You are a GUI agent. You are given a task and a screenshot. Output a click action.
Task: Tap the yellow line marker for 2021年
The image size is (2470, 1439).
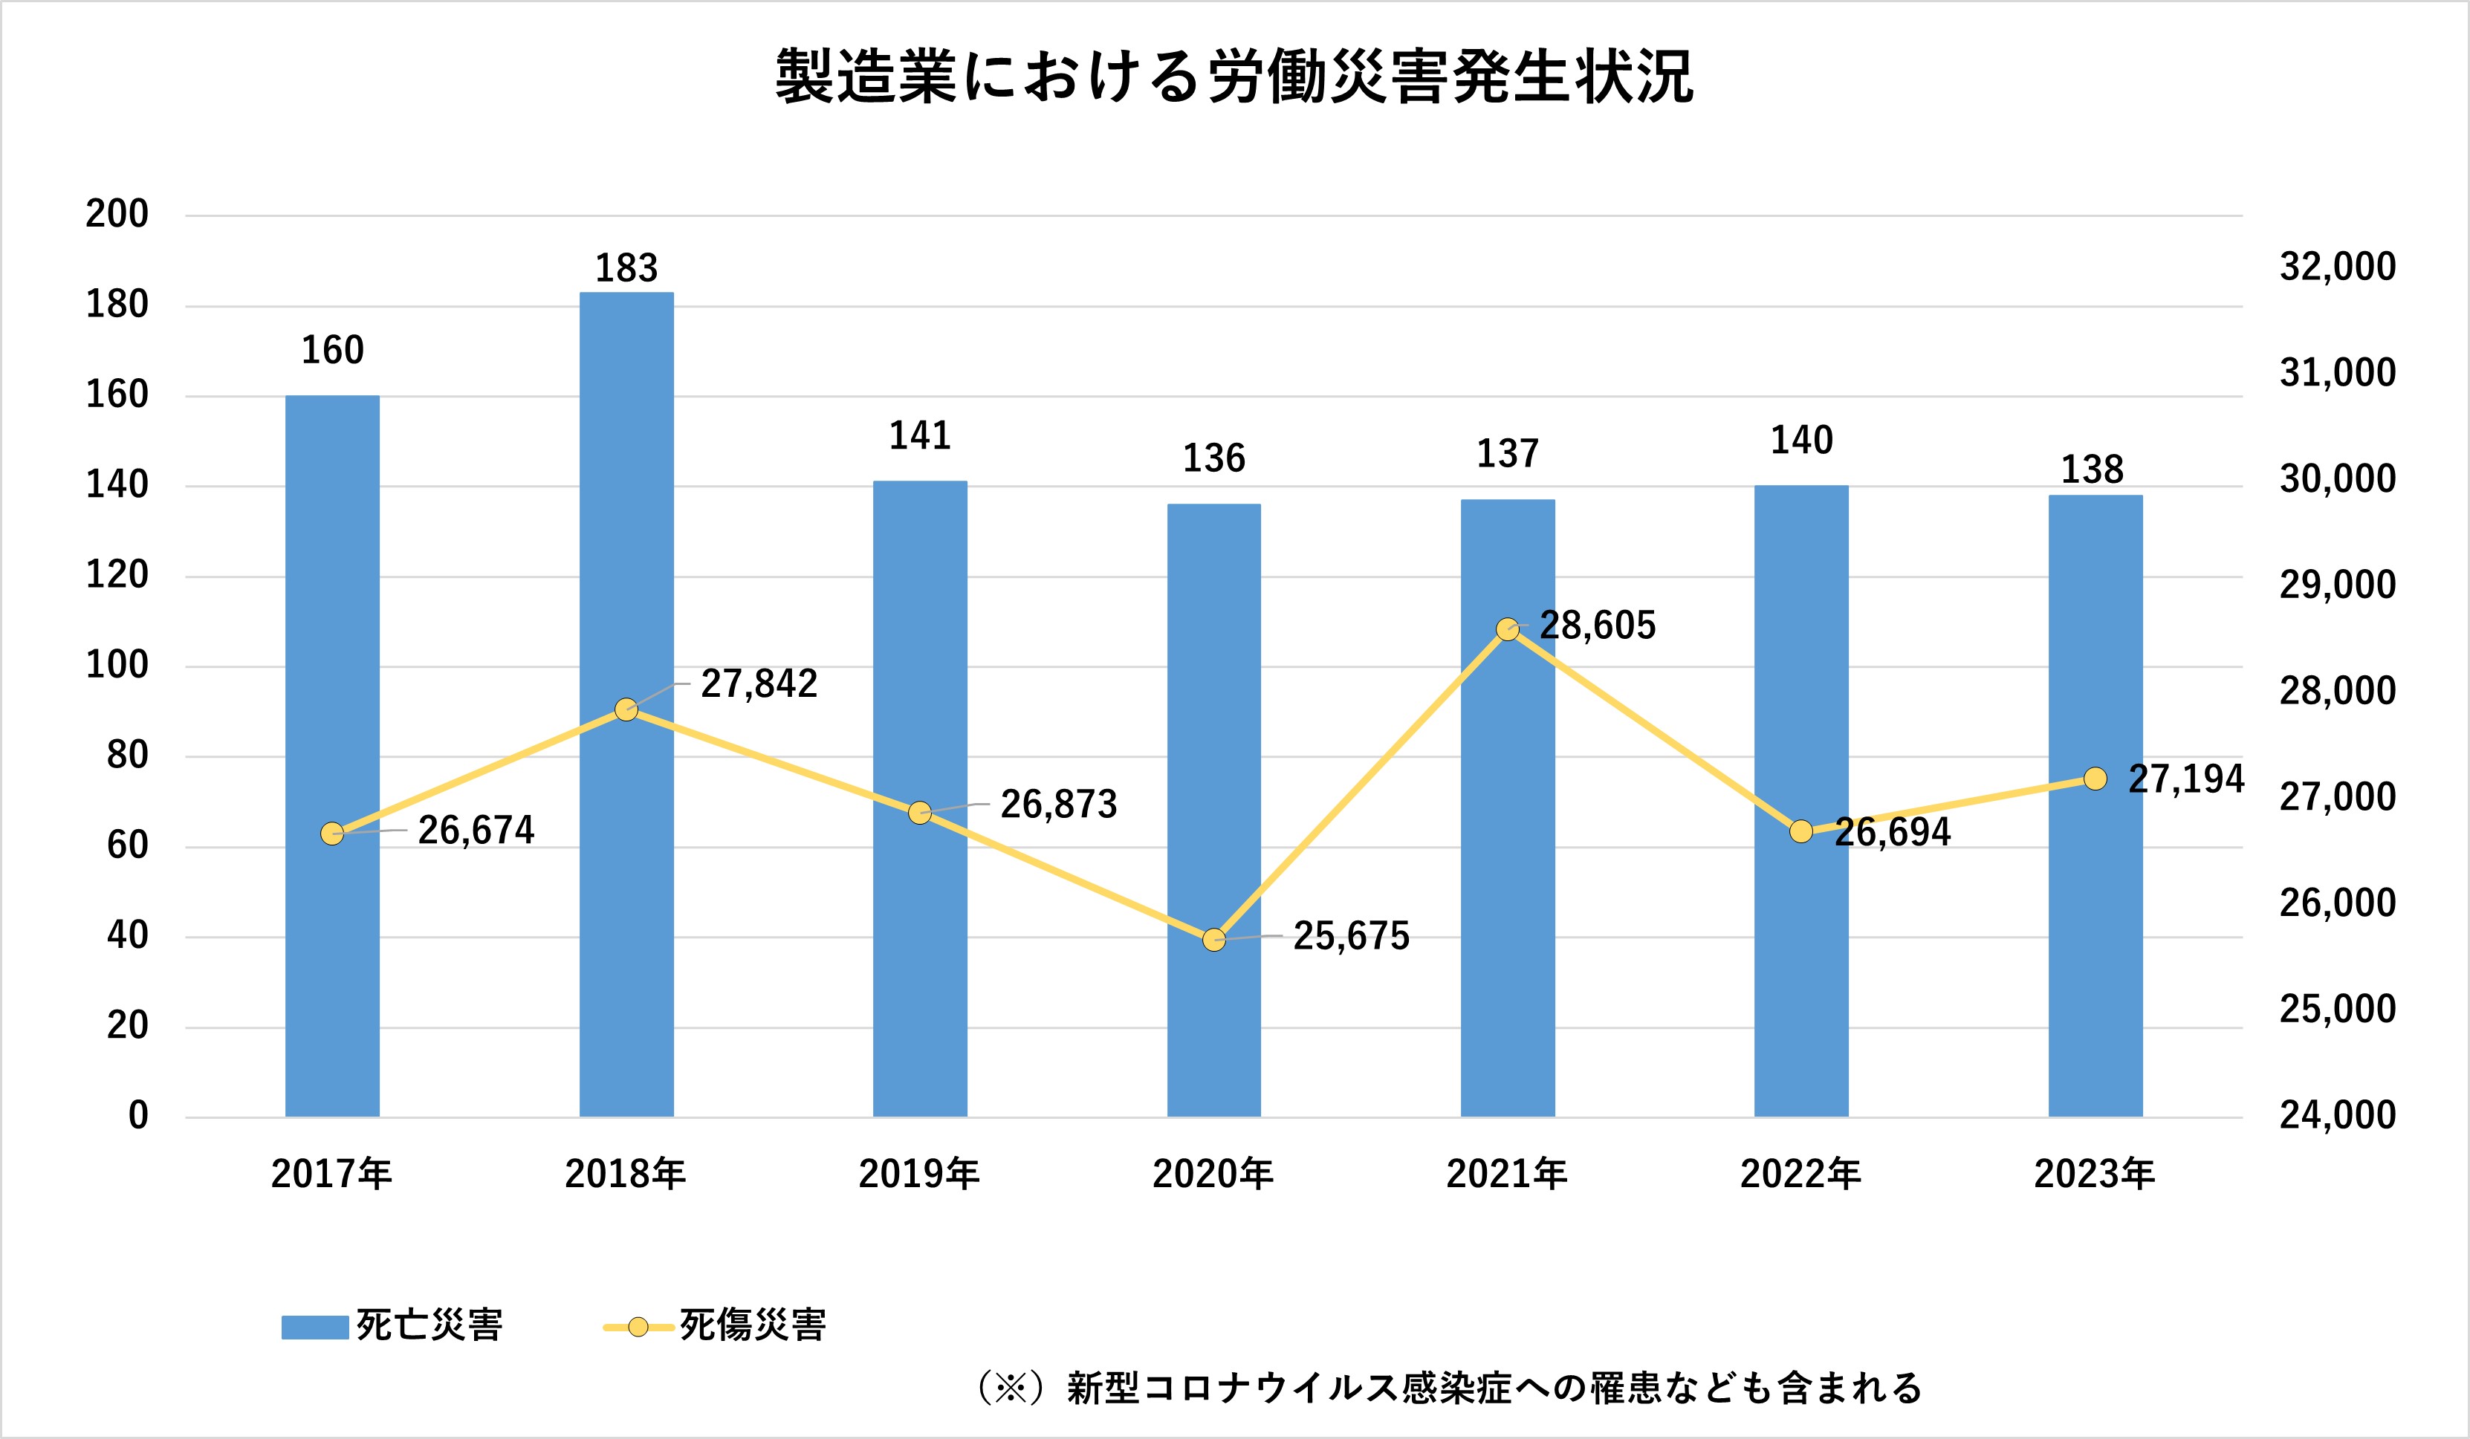click(x=1508, y=629)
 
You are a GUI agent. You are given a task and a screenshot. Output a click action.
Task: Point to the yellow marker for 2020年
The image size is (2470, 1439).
click(x=1213, y=940)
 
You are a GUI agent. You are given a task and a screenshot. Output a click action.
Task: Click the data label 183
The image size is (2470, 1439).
click(x=626, y=267)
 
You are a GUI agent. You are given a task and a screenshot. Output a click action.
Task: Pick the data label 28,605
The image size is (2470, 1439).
click(x=1597, y=626)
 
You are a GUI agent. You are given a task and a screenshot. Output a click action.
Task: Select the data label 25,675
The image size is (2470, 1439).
click(x=1351, y=936)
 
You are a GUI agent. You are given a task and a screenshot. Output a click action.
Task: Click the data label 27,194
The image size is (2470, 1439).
click(x=2185, y=779)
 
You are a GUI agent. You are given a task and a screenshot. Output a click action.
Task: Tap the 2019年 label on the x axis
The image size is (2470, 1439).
click(x=918, y=1173)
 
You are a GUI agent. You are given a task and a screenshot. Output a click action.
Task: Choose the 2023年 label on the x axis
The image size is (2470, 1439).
click(x=2095, y=1173)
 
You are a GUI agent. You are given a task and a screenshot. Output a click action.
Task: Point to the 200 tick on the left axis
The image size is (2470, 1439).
click(x=117, y=214)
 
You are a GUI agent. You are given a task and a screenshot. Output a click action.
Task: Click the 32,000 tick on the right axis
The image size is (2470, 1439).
click(x=2338, y=267)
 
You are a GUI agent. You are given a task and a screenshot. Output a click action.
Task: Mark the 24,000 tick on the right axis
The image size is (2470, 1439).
click(x=2338, y=1114)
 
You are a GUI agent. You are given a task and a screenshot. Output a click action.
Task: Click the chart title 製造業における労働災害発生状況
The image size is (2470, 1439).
click(x=1234, y=77)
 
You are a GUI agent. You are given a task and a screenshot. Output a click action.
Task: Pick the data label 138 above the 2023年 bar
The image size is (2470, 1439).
click(x=2093, y=470)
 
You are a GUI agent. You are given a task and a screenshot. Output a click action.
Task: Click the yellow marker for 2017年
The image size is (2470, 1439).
click(x=332, y=834)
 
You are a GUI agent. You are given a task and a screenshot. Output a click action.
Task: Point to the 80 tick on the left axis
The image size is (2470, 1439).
click(x=127, y=755)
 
